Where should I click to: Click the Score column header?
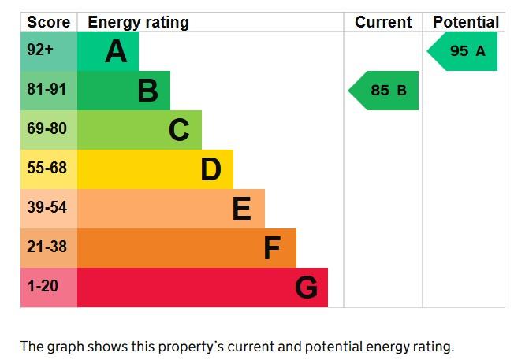[49, 22]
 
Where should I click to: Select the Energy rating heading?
[138, 23]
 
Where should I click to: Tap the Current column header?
[383, 22]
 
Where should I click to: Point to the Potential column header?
[466, 22]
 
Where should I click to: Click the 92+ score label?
[40, 50]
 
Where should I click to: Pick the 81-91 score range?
[47, 89]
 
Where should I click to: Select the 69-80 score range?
[47, 128]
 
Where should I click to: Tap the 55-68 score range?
[47, 168]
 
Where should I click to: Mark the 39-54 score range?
[47, 207]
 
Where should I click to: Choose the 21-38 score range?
[47, 247]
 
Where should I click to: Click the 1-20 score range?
[43, 286]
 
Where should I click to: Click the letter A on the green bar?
[116, 51]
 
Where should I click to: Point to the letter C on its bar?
[179, 130]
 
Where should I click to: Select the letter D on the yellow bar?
[210, 169]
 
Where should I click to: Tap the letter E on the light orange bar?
[241, 209]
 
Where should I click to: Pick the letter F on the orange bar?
[273, 248]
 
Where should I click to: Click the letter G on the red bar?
[306, 288]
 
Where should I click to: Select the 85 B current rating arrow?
[383, 91]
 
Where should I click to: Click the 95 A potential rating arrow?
[462, 51]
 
